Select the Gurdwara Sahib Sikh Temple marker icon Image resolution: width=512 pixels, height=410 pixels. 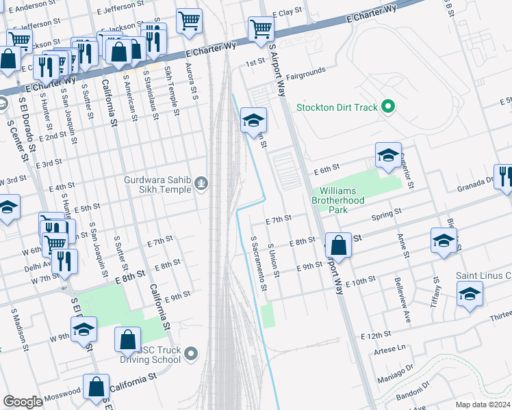[201, 182]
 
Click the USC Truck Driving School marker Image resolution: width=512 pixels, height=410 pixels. [192, 353]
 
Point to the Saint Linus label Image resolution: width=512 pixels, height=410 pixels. [483, 275]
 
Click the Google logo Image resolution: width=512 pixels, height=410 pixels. [23, 402]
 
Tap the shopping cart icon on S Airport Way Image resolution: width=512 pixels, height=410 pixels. [261, 30]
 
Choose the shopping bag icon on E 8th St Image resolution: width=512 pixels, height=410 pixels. [338, 245]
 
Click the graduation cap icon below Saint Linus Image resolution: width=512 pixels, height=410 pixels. [470, 294]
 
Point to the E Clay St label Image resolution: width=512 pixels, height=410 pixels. [287, 13]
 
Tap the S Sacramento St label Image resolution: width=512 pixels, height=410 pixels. [257, 263]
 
